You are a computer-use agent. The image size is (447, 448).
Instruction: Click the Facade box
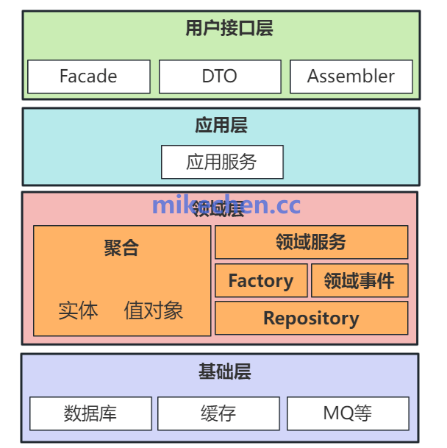[x=88, y=77]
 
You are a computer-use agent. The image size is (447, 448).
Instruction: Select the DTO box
[x=220, y=77]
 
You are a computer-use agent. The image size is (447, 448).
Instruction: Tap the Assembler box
[x=351, y=77]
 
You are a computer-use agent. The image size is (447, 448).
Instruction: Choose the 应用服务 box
[x=222, y=162]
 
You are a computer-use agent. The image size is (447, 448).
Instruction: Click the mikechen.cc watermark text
[x=226, y=205]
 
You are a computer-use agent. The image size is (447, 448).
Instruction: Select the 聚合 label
[x=121, y=248]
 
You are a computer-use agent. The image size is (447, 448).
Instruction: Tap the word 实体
[x=78, y=310]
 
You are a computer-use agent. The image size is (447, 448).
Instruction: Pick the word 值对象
[x=153, y=310]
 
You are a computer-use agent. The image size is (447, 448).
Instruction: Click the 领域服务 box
[x=311, y=242]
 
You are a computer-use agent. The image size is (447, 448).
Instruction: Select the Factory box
[x=260, y=281]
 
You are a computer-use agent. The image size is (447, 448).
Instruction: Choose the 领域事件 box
[x=359, y=281]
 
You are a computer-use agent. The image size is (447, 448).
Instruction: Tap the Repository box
[x=311, y=319]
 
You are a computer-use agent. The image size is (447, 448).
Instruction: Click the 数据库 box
[x=90, y=413]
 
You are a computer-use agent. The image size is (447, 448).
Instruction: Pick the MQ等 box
[x=347, y=413]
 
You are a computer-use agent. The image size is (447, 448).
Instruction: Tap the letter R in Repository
[x=269, y=319]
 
